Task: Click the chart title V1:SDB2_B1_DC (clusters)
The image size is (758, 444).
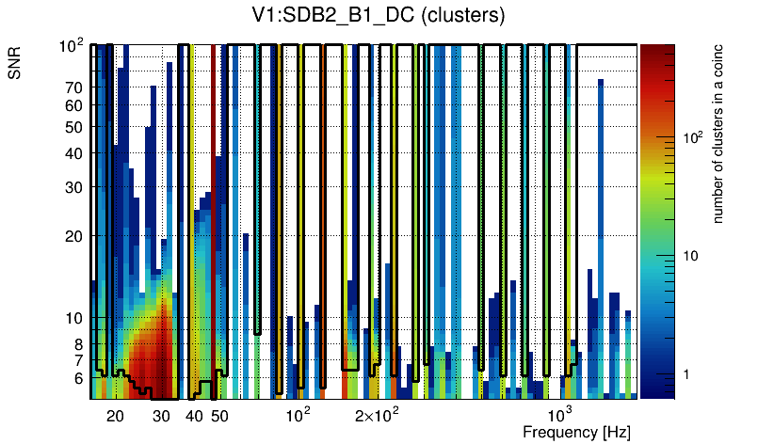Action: point(373,17)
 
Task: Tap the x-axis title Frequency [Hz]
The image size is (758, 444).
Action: point(576,432)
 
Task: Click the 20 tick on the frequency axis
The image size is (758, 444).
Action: point(115,415)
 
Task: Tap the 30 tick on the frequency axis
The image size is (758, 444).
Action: point(161,415)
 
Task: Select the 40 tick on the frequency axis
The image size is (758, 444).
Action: point(194,415)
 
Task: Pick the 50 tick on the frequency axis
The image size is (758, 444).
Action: point(219,415)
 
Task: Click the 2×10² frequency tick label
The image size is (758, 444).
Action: point(378,415)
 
